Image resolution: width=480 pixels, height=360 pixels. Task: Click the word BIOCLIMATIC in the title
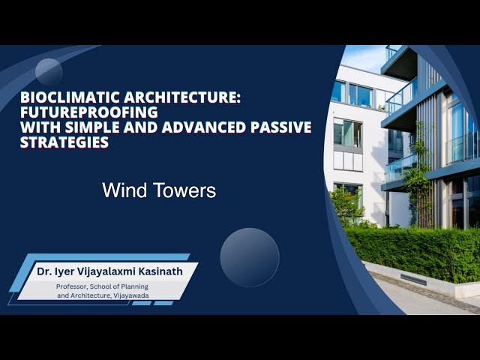click(61, 98)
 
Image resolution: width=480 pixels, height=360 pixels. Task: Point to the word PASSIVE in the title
click(279, 127)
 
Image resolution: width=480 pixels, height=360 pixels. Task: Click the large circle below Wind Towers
click(250, 257)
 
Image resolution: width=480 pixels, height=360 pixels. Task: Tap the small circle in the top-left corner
click(49, 72)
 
